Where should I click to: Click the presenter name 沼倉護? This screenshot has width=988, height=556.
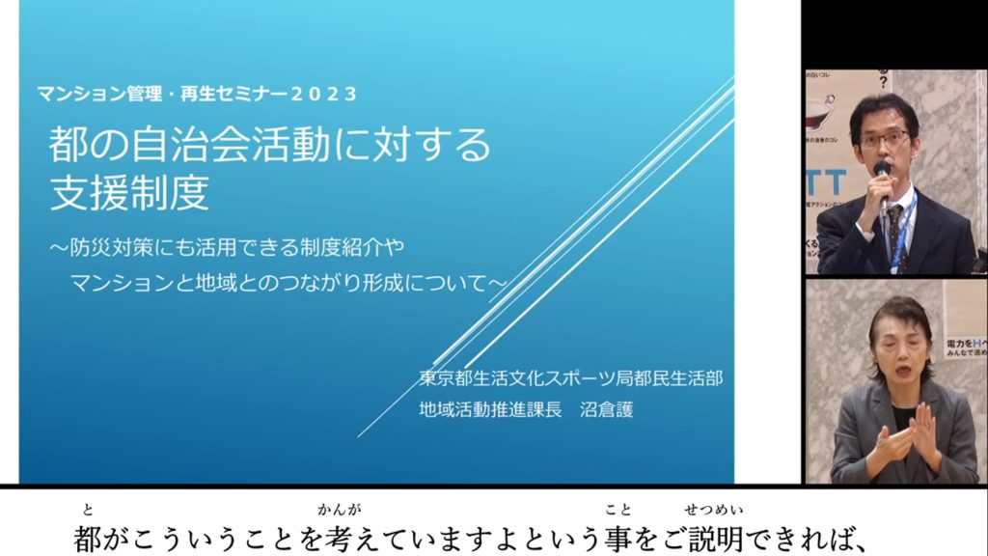pos(606,409)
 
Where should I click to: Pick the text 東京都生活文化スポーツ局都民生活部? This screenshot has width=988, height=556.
pos(570,378)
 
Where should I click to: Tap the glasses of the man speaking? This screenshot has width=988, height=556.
pos(884,139)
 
